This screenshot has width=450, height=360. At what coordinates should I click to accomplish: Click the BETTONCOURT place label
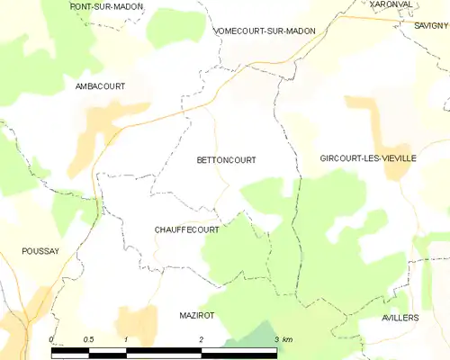pos(225,160)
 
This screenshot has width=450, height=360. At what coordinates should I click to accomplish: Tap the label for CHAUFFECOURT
pos(187,230)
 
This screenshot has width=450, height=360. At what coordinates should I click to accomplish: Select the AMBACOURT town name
pos(100,86)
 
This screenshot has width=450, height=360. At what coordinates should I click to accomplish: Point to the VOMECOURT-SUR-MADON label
pos(265,31)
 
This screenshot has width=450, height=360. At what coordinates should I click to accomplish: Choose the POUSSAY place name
pos(40,252)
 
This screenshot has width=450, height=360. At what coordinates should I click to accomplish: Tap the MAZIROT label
pos(195,316)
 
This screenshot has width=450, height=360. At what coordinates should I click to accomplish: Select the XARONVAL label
pos(391,4)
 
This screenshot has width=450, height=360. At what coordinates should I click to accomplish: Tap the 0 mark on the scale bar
pos(52,339)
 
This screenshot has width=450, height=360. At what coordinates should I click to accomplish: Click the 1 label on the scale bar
pos(127,339)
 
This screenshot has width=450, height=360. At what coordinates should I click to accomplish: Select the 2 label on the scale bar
pos(202,339)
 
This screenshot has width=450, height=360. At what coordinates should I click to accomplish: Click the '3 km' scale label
pos(283,339)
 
